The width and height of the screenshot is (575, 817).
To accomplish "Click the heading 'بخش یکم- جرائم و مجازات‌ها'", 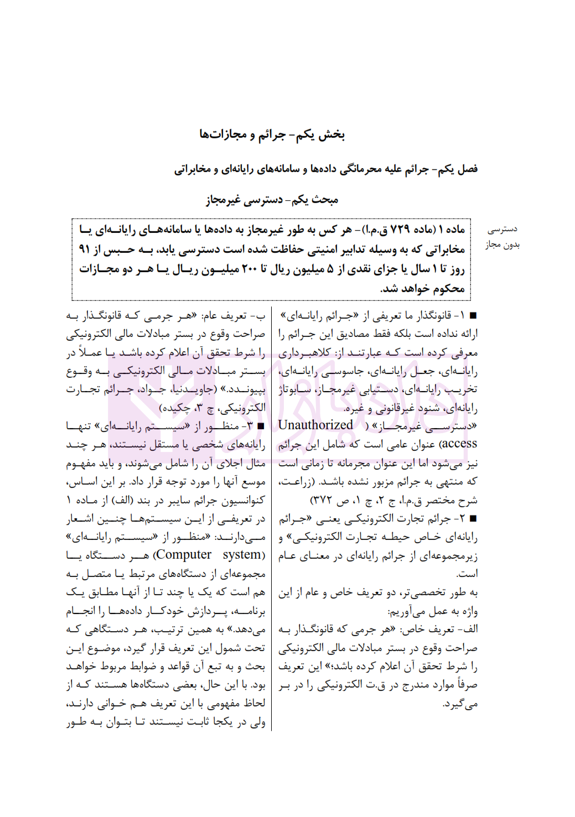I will click(272, 134).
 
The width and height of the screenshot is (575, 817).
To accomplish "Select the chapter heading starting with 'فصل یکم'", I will click(326, 169).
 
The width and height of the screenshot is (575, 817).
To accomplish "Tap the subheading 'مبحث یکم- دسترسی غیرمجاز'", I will click(272, 200).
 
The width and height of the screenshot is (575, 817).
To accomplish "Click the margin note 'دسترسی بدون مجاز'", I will click(503, 237).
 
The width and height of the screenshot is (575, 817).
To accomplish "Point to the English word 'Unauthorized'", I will click(315, 425).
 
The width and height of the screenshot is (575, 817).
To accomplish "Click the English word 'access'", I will click(459, 444).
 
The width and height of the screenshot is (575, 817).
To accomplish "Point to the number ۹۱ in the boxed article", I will click(84, 249).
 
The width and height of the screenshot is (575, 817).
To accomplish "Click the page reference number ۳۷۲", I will click(320, 501).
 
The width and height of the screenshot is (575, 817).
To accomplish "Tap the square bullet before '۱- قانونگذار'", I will click(473, 316).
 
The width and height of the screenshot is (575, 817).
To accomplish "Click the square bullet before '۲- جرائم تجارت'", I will click(473, 519).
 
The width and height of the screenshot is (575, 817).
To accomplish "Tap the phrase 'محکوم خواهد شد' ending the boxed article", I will click(423, 289).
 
